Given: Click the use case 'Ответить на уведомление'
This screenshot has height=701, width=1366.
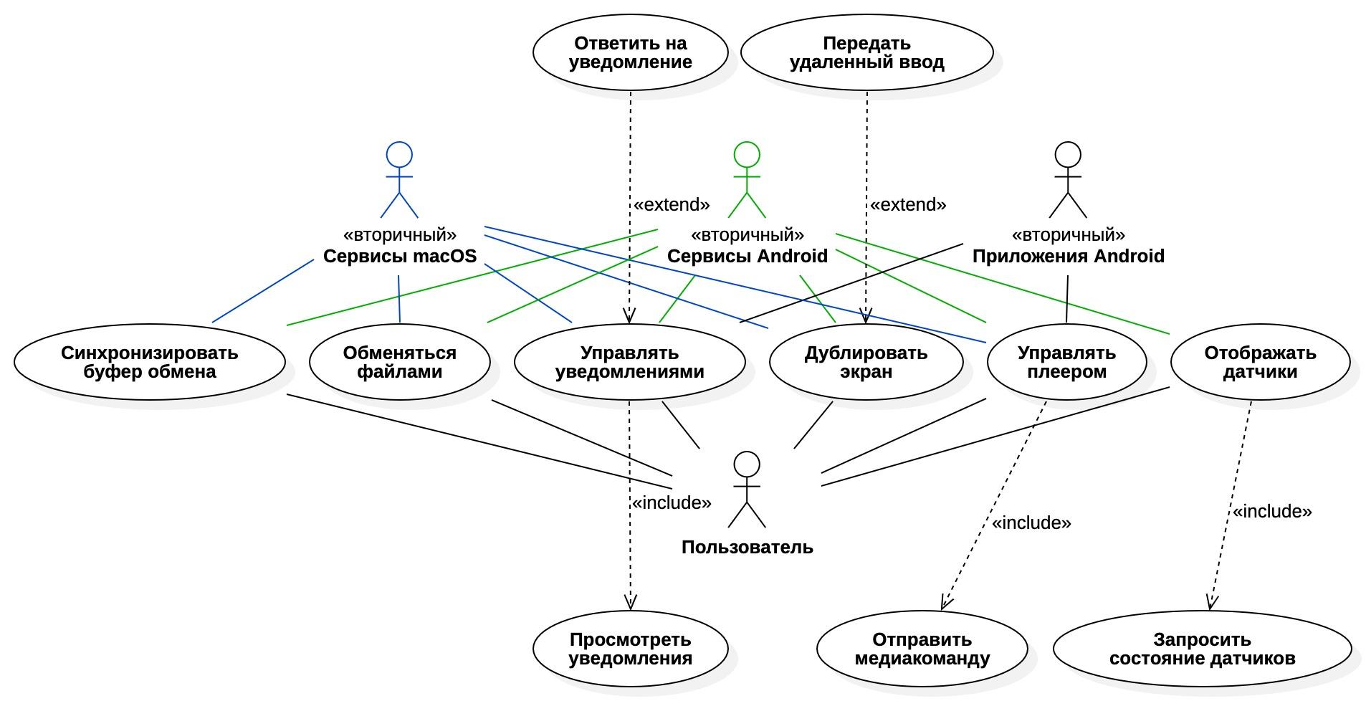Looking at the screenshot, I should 630,53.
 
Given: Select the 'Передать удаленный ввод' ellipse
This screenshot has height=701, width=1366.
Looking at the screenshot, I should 866,53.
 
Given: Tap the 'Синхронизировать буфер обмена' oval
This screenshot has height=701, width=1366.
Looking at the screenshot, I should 149,363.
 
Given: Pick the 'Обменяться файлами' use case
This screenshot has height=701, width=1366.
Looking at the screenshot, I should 399,363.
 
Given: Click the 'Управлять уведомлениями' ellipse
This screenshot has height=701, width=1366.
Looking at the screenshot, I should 629,363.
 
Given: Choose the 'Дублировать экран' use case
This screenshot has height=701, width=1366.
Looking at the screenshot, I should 866,363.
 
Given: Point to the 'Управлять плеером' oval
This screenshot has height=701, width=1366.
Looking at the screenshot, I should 1066,363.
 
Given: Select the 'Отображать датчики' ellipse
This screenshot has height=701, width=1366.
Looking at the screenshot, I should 1260,363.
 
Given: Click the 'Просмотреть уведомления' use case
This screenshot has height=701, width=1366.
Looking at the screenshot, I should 630,649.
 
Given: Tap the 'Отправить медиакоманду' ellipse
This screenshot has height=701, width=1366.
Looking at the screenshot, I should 922,649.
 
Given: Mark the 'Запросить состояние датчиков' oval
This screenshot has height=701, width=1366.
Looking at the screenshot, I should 1202,649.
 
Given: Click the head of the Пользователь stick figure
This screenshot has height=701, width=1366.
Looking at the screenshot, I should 747,464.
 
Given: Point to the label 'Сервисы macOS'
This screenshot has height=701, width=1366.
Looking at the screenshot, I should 399,256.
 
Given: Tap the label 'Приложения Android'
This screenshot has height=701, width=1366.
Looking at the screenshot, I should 1068,256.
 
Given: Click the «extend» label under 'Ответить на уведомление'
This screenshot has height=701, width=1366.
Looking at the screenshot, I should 671,205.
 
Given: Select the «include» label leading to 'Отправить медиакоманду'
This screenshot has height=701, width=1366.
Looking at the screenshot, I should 1031,523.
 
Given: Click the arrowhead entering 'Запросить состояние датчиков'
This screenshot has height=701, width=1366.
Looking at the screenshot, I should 1210,605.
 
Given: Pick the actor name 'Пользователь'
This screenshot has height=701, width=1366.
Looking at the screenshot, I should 747,548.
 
